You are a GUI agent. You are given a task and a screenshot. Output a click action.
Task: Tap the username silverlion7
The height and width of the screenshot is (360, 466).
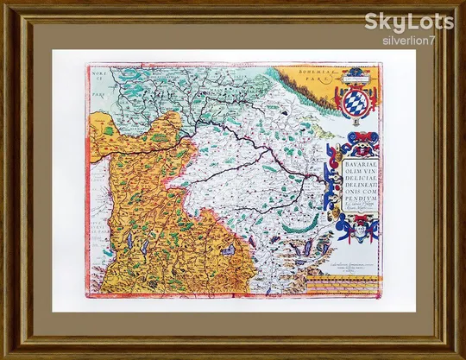click(410, 39)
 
